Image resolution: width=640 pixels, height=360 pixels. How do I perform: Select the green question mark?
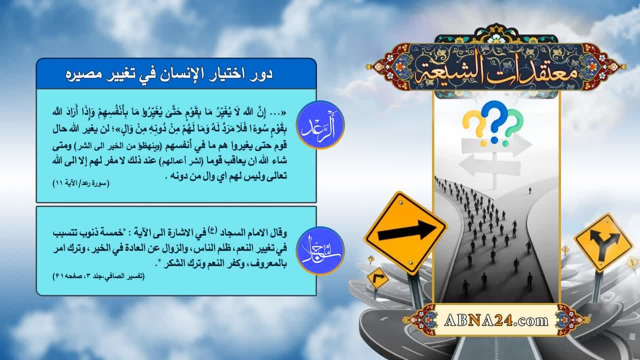(x=513, y=123)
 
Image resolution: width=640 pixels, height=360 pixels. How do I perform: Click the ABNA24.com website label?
(x=496, y=319)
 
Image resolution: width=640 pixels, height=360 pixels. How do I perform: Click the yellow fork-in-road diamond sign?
(x=603, y=242)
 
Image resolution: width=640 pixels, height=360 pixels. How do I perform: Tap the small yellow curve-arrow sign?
(x=377, y=277)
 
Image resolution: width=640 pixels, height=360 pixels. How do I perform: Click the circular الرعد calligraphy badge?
(x=320, y=125)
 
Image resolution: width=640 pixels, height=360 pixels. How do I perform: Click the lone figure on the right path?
(x=530, y=190)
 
